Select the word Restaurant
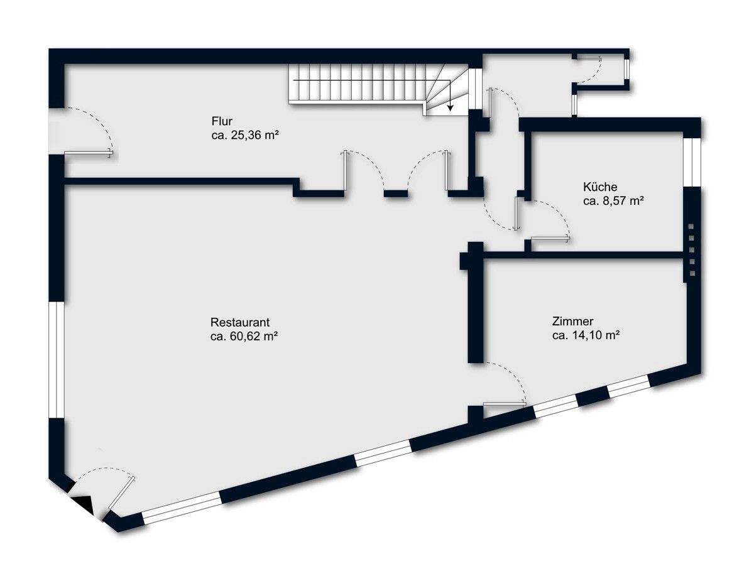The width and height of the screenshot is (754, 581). pos(240,322)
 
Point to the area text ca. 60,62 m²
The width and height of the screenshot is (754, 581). pos(244,337)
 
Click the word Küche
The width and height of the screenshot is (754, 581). pos(600,187)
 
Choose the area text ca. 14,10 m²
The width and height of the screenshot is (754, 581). pos(586,335)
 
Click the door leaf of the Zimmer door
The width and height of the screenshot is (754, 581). pos(504,404)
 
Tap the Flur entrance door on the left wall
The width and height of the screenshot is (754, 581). pos(88,153)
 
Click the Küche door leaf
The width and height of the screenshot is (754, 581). pos(550,238)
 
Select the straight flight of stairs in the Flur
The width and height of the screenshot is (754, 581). pos(355,84)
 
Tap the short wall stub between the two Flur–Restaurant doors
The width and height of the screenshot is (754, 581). pos(395,193)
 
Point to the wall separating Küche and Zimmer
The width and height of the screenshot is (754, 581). pos(584,254)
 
